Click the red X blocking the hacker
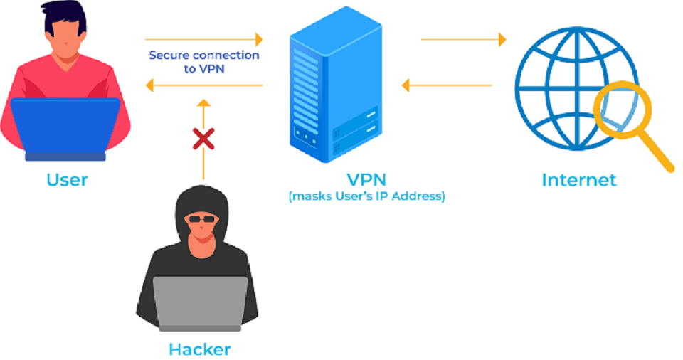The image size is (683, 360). [203, 139]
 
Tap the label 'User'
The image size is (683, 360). [67, 179]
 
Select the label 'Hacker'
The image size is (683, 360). [199, 349]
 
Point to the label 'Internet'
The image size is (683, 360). [578, 179]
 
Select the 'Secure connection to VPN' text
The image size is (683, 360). [203, 61]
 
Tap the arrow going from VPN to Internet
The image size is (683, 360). [463, 39]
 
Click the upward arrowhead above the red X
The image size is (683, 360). [203, 105]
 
